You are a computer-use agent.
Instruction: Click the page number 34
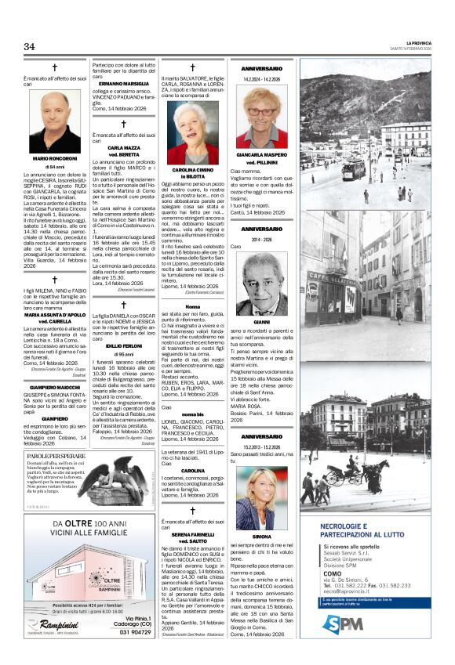tap(30, 47)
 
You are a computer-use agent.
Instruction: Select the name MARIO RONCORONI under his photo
tap(54, 158)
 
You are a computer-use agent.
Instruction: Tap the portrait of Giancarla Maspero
tap(261, 117)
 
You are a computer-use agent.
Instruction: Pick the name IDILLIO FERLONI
tap(123, 345)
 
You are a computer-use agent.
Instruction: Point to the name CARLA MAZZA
tap(123, 147)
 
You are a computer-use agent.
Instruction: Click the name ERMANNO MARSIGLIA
tap(123, 84)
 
